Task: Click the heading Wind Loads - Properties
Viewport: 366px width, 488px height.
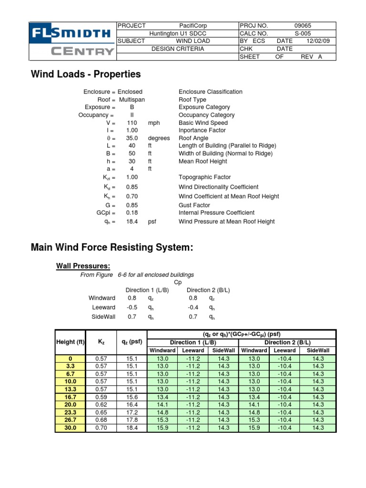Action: point(86,74)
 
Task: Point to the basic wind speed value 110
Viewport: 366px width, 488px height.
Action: point(132,122)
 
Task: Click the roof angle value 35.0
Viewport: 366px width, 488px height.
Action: point(132,138)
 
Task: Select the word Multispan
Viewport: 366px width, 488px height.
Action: point(132,100)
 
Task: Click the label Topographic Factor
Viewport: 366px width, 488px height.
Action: point(204,177)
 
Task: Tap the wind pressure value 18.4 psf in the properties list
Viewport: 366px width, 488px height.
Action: point(132,222)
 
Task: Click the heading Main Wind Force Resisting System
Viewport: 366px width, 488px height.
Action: point(112,247)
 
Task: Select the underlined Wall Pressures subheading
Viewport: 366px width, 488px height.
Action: point(83,265)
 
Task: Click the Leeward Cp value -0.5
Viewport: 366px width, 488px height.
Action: point(132,307)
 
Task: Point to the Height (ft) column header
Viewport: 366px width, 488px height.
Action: point(71,342)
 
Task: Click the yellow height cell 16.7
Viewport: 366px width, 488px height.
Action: point(71,397)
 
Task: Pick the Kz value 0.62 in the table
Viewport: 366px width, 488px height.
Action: point(102,405)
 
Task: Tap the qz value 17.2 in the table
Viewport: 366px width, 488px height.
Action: point(132,412)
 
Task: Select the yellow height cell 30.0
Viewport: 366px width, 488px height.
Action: point(71,428)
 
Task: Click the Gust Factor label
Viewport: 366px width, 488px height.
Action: point(196,205)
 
